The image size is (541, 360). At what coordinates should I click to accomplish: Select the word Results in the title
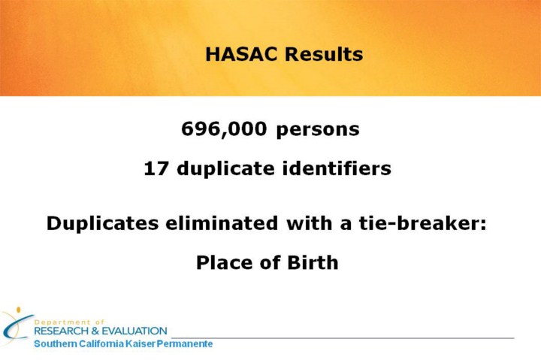(x=324, y=54)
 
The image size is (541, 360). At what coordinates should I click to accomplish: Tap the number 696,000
(x=224, y=129)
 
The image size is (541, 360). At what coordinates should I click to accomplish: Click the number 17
(x=156, y=168)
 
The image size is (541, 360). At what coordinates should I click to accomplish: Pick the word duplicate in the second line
(x=225, y=169)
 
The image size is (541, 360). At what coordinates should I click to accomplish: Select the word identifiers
(x=337, y=168)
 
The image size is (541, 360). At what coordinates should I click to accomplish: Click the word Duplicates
(x=102, y=223)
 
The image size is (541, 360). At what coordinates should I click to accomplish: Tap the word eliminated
(x=222, y=222)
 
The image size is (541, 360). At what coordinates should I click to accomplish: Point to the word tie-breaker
(x=422, y=222)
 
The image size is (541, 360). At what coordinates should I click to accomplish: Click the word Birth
(x=313, y=262)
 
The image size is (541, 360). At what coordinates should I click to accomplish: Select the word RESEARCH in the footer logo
(x=62, y=331)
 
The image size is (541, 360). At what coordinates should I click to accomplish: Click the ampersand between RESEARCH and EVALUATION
(x=95, y=331)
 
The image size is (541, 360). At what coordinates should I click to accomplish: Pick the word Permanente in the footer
(x=185, y=344)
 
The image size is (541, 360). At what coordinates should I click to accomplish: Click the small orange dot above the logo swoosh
(x=18, y=310)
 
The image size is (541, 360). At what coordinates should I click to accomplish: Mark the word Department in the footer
(x=62, y=322)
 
